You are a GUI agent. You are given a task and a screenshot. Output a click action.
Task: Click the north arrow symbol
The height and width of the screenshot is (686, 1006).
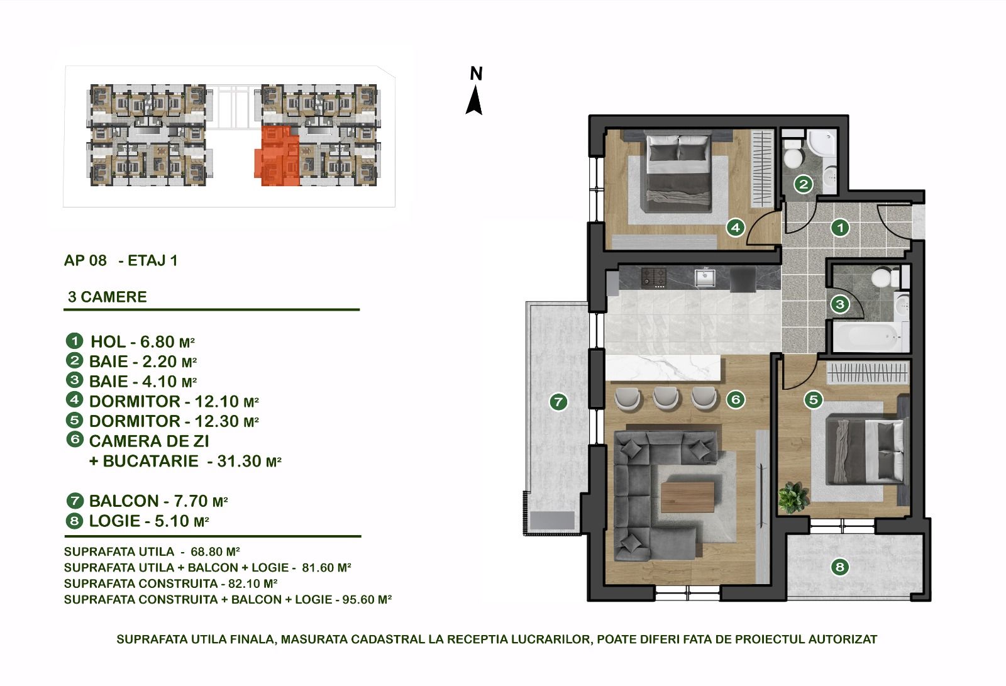point(474,100)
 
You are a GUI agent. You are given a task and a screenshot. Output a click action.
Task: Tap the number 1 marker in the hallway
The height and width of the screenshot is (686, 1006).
point(840,228)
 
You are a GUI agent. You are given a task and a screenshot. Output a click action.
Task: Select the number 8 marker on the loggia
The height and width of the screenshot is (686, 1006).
point(840,567)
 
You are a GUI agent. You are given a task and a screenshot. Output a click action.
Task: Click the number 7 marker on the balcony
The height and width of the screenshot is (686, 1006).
point(559,402)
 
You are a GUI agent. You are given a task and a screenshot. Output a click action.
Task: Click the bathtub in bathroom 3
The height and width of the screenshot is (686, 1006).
point(867,336)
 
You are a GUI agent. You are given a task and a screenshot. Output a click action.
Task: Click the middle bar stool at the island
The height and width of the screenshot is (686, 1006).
point(666,397)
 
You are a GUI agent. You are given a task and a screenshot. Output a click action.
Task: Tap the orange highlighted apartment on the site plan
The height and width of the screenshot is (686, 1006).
point(277,156)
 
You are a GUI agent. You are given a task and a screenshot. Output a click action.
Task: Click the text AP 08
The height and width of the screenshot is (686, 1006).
point(86,260)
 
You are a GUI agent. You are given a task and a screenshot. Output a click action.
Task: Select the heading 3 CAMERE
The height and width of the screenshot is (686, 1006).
point(108,297)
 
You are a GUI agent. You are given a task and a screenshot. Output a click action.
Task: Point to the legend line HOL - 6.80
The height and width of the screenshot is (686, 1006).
point(143,342)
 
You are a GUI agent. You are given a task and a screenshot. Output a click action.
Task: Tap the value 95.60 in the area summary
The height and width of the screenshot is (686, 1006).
point(358,600)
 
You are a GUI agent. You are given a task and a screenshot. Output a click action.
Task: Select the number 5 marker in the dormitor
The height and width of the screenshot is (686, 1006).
point(814,399)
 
